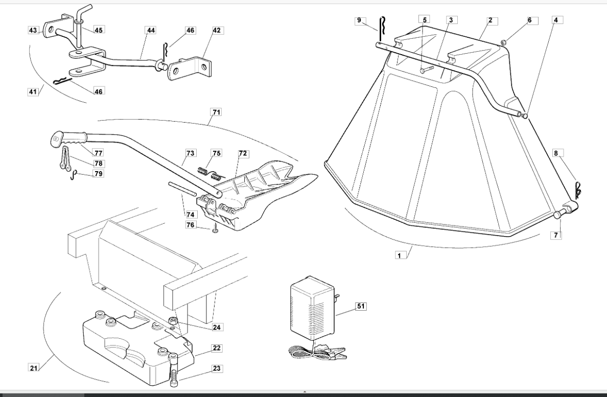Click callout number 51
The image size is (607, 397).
point(360,306)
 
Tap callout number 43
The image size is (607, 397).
point(33,30)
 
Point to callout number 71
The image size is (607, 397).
point(217,112)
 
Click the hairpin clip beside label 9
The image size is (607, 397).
point(382,29)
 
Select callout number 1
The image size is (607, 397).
point(400,255)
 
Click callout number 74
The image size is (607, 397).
point(190,215)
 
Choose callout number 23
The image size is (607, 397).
point(217,368)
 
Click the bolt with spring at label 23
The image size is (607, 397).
point(174,369)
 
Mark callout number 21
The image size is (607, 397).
point(34,367)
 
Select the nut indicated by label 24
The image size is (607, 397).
point(173,321)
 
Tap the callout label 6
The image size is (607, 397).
point(529,20)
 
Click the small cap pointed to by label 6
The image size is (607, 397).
point(504,42)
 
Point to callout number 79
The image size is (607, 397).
point(99,174)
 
